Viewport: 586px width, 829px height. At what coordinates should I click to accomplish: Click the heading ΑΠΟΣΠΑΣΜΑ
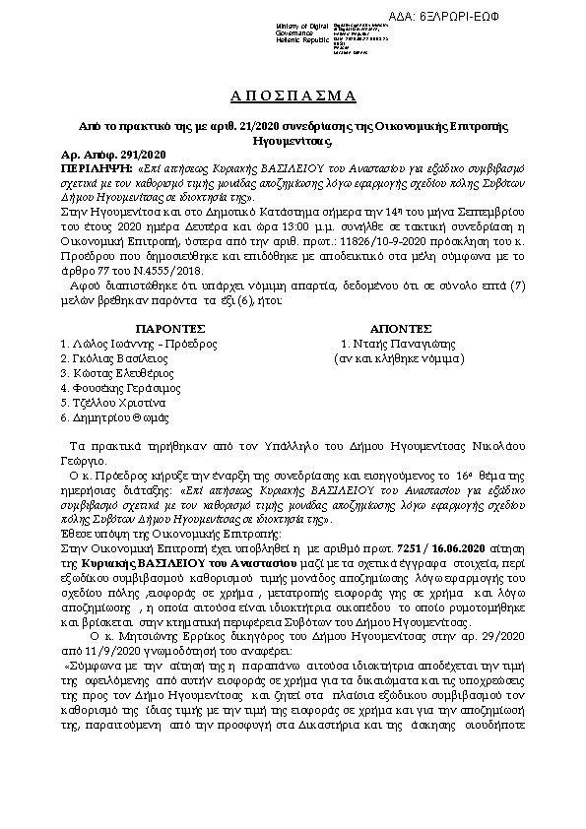293,95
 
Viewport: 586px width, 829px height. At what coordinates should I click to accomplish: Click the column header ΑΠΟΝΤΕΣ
401,327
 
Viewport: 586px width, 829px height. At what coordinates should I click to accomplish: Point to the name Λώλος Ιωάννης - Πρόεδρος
138,343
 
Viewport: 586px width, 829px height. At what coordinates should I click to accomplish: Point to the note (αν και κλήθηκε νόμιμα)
400,358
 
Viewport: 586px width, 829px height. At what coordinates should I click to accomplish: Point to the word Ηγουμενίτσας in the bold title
293,141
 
